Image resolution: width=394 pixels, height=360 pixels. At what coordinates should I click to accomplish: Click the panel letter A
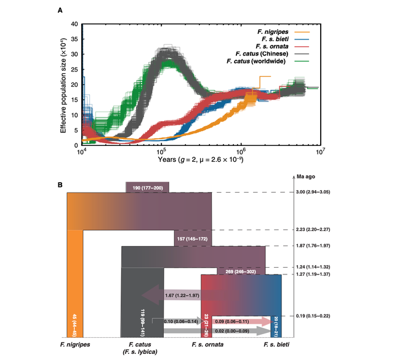coord(60,10)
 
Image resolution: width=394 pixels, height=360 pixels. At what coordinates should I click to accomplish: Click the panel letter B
coord(60,184)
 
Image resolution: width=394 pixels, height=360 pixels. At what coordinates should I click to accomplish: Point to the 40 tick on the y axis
coord(75,25)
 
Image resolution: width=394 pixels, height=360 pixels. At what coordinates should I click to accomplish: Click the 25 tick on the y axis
coord(75,70)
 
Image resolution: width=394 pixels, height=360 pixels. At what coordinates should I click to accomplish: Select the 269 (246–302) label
coord(242,271)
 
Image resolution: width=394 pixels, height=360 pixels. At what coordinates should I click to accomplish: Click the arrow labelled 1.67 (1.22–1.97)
coord(179,297)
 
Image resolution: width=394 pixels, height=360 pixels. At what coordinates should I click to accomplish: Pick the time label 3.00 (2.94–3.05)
coord(333,193)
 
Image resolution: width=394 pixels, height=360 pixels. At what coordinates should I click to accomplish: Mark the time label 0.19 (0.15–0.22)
coord(333,315)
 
